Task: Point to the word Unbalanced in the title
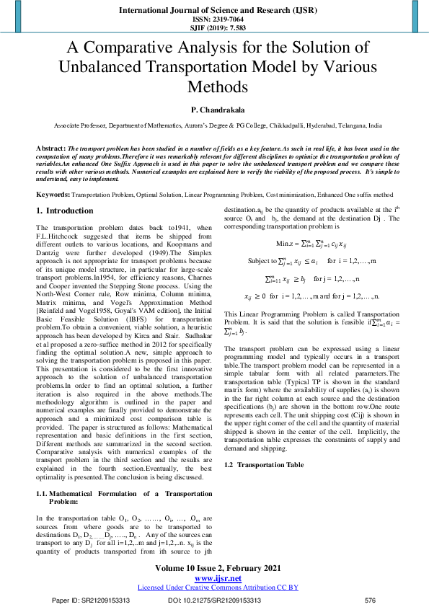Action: [x=128, y=67]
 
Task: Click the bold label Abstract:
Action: [x=50, y=147]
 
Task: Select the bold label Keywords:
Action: [x=53, y=195]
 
